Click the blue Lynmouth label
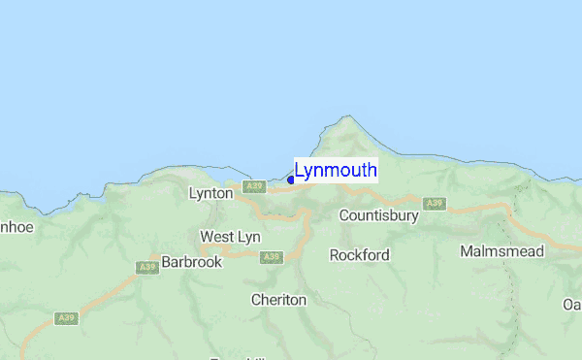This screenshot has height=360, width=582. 336,171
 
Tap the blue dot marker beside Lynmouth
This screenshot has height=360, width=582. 291,180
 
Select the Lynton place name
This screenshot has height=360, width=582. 210,193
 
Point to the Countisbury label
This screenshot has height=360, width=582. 378,215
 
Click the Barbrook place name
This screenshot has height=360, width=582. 191,262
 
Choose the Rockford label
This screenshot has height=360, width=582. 359,255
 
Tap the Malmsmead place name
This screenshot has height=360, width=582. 501,251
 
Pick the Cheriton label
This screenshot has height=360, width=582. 278,300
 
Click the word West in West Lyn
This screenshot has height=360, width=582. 216,237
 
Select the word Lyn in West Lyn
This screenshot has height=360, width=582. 247,237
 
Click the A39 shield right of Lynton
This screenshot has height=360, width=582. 254,185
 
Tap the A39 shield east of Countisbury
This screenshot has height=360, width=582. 434,203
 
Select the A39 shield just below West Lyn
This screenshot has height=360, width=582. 271,257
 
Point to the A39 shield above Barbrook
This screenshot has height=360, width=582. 147,268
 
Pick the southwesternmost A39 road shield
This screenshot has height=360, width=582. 67,317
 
